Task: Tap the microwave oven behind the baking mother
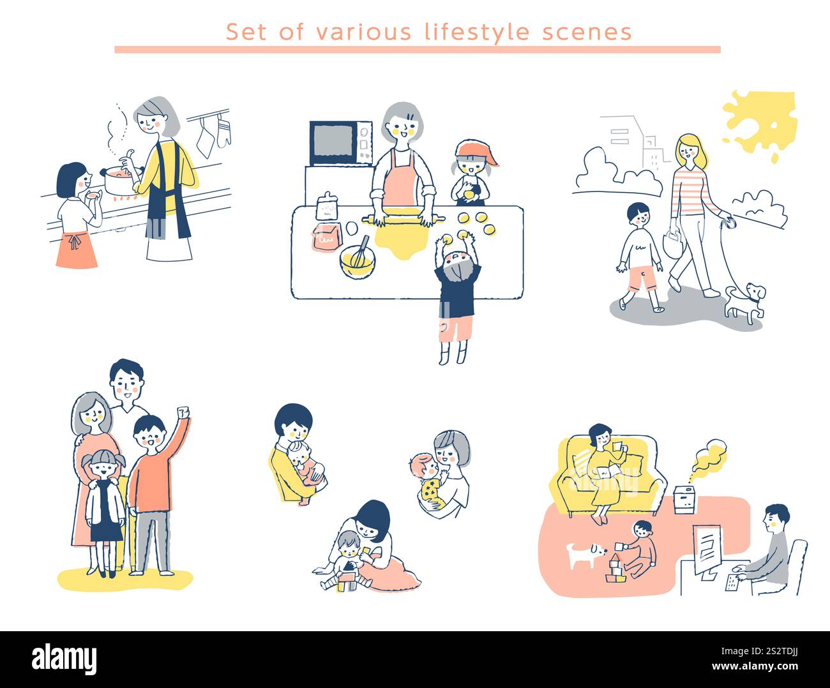coord(340,143)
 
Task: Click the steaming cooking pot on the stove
coord(119,181)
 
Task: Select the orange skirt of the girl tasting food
coord(77,251)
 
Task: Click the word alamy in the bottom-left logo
coord(64,659)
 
